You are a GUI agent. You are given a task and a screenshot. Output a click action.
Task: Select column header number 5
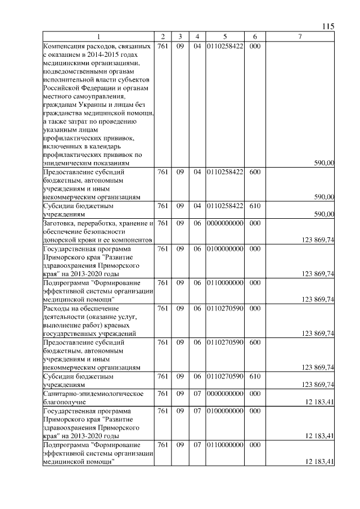[224, 37]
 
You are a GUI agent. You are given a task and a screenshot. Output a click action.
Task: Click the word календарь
[116, 146]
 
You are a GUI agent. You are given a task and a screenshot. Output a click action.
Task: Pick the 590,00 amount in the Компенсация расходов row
[323, 163]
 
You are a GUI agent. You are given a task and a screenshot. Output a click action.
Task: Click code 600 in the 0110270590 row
[254, 342]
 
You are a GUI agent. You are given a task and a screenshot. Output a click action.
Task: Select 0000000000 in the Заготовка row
[224, 223]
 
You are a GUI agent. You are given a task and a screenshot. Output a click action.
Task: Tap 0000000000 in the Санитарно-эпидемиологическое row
[224, 393]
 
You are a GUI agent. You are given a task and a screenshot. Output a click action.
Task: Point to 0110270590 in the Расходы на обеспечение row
[224, 308]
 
